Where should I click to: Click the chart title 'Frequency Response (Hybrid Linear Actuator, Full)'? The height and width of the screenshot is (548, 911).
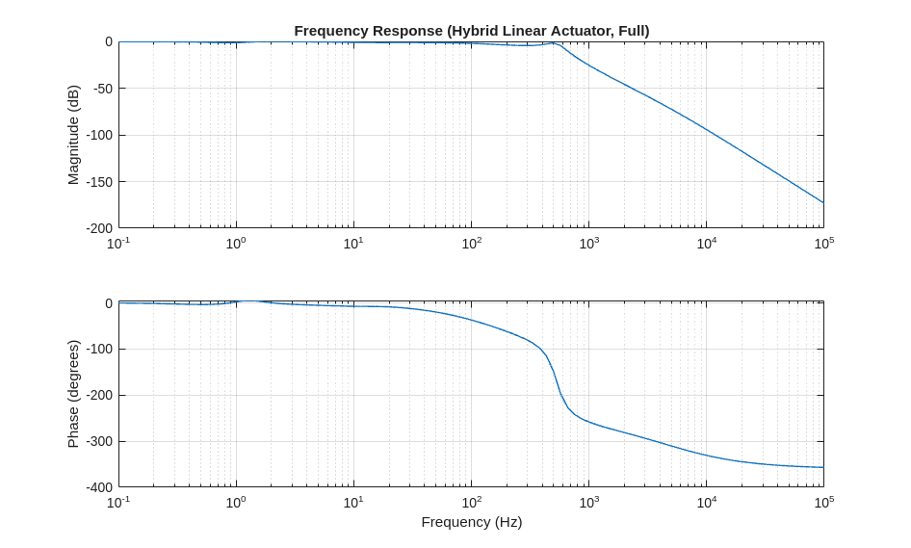tap(471, 31)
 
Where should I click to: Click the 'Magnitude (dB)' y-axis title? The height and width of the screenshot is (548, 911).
tap(73, 135)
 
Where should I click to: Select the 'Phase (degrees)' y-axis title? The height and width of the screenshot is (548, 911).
tap(73, 393)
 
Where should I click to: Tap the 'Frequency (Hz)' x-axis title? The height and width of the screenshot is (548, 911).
tap(471, 522)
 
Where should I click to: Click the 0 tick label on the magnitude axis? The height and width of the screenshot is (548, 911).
tap(109, 41)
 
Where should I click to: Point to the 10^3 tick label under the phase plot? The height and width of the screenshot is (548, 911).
tap(589, 502)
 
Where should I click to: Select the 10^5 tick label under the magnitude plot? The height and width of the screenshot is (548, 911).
tap(824, 243)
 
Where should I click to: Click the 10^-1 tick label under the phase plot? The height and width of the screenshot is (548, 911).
tap(118, 502)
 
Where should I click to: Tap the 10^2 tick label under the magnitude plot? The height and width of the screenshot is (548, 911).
tap(472, 243)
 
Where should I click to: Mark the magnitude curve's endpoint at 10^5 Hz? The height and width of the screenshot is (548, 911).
tap(823, 202)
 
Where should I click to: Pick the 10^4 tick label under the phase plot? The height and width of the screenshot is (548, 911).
tap(707, 502)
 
